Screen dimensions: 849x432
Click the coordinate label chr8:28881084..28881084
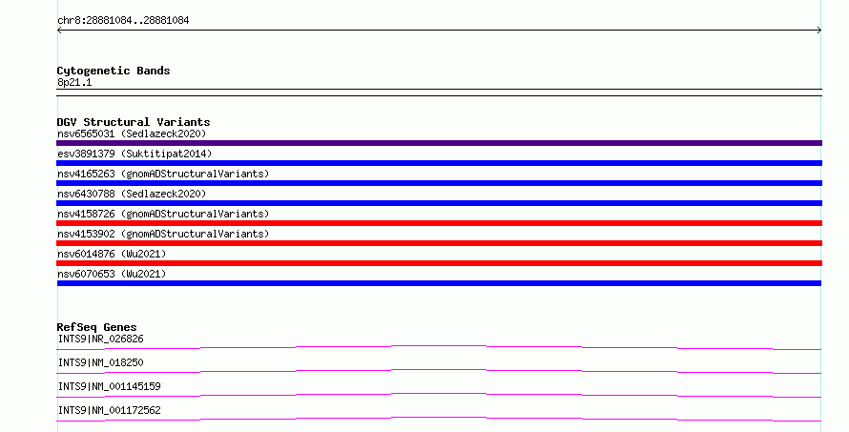[123, 21]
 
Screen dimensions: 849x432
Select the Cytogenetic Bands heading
[114, 71]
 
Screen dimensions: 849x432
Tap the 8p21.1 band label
[74, 82]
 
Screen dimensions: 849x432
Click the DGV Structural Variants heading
[134, 122]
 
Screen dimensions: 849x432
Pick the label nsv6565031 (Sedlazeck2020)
[132, 134]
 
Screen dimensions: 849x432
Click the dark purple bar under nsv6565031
[439, 143]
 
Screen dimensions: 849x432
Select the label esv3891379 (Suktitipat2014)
[135, 154]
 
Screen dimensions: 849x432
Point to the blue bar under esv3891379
[439, 163]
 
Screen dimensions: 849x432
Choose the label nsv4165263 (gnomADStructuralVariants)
[163, 174]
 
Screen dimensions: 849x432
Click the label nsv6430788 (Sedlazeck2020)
[132, 194]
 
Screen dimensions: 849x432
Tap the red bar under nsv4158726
[439, 223]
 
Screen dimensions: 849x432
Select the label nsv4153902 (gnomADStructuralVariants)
[163, 234]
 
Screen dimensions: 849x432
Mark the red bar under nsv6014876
[439, 263]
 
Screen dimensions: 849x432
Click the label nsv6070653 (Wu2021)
[112, 274]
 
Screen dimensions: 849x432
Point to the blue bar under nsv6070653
[439, 283]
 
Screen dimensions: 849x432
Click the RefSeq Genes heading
[96, 327]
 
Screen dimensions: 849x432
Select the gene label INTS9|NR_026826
[101, 339]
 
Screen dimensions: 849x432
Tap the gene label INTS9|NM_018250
[101, 362]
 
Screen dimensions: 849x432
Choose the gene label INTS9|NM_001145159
[110, 386]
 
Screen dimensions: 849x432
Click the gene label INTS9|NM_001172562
[110, 410]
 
